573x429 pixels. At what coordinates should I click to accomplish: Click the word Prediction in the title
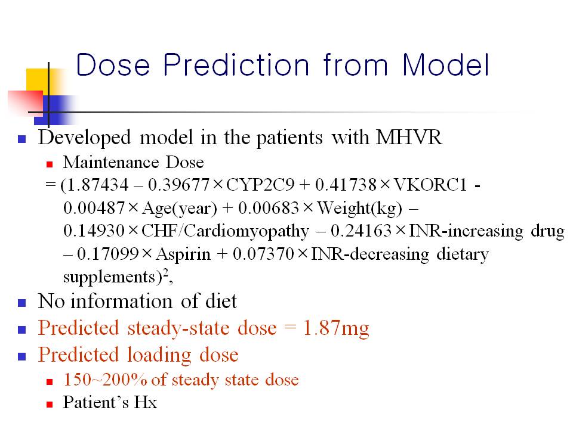pos(236,65)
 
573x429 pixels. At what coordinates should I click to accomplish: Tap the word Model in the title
pos(445,65)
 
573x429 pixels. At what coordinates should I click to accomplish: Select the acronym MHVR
pos(409,138)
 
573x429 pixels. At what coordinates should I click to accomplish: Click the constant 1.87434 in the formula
pos(98,185)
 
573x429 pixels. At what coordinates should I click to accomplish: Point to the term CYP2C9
pos(260,185)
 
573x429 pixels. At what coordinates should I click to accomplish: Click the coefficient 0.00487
pos(94,207)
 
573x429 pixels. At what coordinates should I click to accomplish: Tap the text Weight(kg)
pos(359,209)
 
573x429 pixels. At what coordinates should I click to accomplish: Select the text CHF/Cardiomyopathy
pos(225,231)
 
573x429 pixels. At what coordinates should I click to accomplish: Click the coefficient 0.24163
pos(361,231)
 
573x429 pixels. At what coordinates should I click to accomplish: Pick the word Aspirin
pos(183,254)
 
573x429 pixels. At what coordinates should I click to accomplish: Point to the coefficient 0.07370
pos(263,254)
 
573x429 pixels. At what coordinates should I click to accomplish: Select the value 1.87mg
pos(336,328)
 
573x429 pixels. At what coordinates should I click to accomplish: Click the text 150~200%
pos(105,380)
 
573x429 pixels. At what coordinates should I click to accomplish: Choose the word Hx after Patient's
pos(146,402)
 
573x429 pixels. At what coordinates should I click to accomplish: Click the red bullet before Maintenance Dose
pos(50,164)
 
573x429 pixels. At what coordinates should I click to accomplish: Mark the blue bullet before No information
pos(22,303)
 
